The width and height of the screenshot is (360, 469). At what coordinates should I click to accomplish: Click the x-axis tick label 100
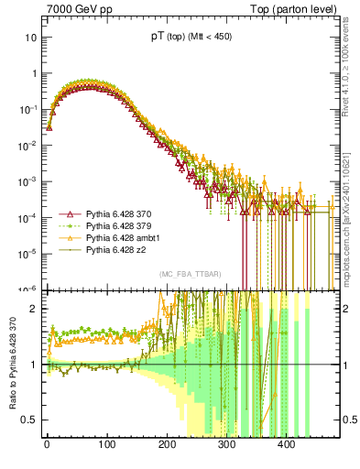(x=106, y=444)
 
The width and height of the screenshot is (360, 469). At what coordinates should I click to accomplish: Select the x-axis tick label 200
(x=167, y=444)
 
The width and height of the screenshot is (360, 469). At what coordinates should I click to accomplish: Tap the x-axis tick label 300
(x=226, y=444)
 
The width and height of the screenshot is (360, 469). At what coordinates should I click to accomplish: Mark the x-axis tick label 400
(x=286, y=444)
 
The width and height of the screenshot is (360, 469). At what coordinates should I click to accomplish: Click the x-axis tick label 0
(x=47, y=444)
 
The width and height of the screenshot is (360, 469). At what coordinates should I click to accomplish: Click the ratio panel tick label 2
(x=32, y=308)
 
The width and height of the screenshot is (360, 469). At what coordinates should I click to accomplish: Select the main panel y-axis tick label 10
(x=29, y=38)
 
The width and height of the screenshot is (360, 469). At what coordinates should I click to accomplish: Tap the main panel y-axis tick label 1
(x=32, y=73)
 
